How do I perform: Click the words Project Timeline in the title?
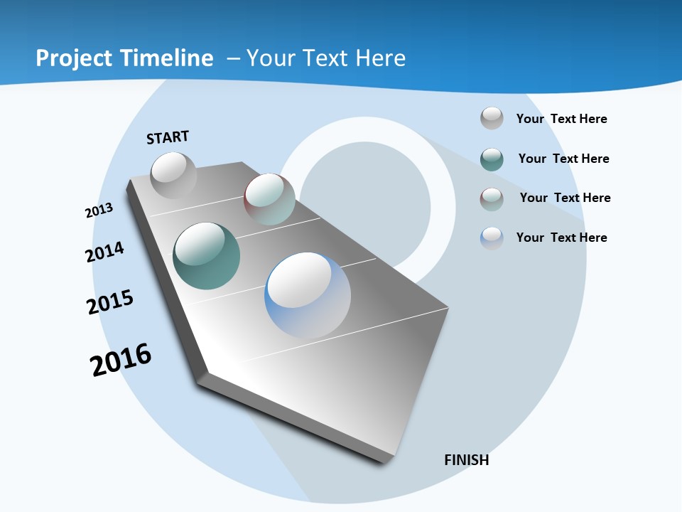124,58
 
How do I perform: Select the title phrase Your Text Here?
326,58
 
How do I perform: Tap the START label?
168,137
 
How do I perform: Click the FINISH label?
467,460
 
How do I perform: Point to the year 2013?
99,210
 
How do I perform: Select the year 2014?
105,252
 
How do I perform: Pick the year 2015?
110,302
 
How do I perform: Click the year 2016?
121,360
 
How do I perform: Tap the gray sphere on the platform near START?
173,175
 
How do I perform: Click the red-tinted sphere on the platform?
269,199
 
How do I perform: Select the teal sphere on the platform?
207,256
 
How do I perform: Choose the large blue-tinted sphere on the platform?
308,295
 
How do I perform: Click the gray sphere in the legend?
492,118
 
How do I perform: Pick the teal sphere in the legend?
492,159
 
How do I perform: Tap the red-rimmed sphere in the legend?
492,199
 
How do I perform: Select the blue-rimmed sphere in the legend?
492,238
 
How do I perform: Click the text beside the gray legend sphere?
562,119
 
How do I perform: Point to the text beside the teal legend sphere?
564,159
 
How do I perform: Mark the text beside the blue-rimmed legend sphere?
562,238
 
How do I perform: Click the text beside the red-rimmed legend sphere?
565,198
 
